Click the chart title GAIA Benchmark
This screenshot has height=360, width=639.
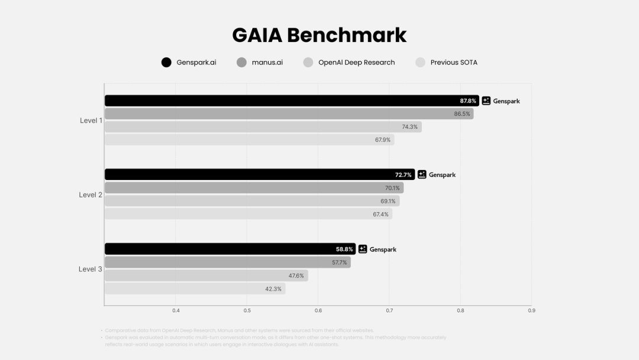pyautogui.click(x=319, y=35)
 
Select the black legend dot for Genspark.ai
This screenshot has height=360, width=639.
pyautogui.click(x=166, y=62)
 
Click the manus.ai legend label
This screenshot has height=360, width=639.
pyautogui.click(x=267, y=62)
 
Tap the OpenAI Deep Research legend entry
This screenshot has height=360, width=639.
pyautogui.click(x=356, y=62)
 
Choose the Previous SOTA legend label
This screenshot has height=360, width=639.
pyautogui.click(x=454, y=62)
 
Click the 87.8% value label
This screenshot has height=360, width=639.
pyautogui.click(x=467, y=101)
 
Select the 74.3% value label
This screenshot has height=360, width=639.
pyautogui.click(x=409, y=127)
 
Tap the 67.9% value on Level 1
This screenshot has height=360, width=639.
pyautogui.click(x=382, y=140)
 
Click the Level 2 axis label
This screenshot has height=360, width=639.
pyautogui.click(x=91, y=195)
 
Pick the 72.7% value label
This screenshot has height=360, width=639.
pyautogui.click(x=403, y=175)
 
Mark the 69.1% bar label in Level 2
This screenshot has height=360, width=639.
pyautogui.click(x=388, y=201)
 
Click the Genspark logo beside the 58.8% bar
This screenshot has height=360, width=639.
pyautogui.click(x=363, y=249)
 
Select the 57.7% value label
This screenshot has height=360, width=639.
pyautogui.click(x=339, y=262)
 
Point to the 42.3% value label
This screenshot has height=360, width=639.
pyautogui.click(x=273, y=289)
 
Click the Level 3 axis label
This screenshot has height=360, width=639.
pyautogui.click(x=91, y=269)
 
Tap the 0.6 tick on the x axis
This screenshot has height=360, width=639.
pyautogui.click(x=318, y=310)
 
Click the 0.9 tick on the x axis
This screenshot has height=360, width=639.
pyautogui.click(x=531, y=310)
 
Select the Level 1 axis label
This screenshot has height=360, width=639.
pyautogui.click(x=91, y=120)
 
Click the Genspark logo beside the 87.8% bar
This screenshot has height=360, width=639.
pyautogui.click(x=486, y=101)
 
